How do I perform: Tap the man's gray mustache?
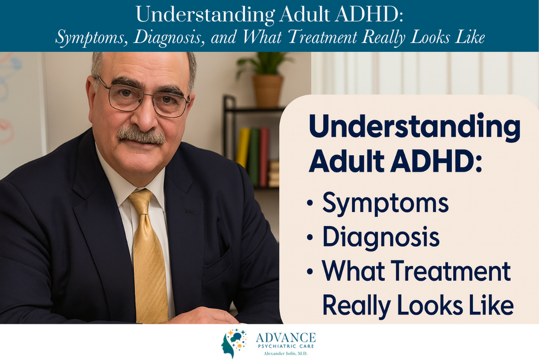141,135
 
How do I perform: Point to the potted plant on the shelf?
265,79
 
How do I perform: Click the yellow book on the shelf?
243,148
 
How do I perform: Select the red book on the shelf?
264,156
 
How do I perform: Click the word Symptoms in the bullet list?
385,203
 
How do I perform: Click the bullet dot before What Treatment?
310,271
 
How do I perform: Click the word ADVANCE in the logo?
286,337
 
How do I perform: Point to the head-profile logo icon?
234,344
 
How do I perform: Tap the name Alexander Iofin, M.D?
286,354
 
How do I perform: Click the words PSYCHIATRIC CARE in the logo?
286,346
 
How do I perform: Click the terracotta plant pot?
268,91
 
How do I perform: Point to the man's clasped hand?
203,316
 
